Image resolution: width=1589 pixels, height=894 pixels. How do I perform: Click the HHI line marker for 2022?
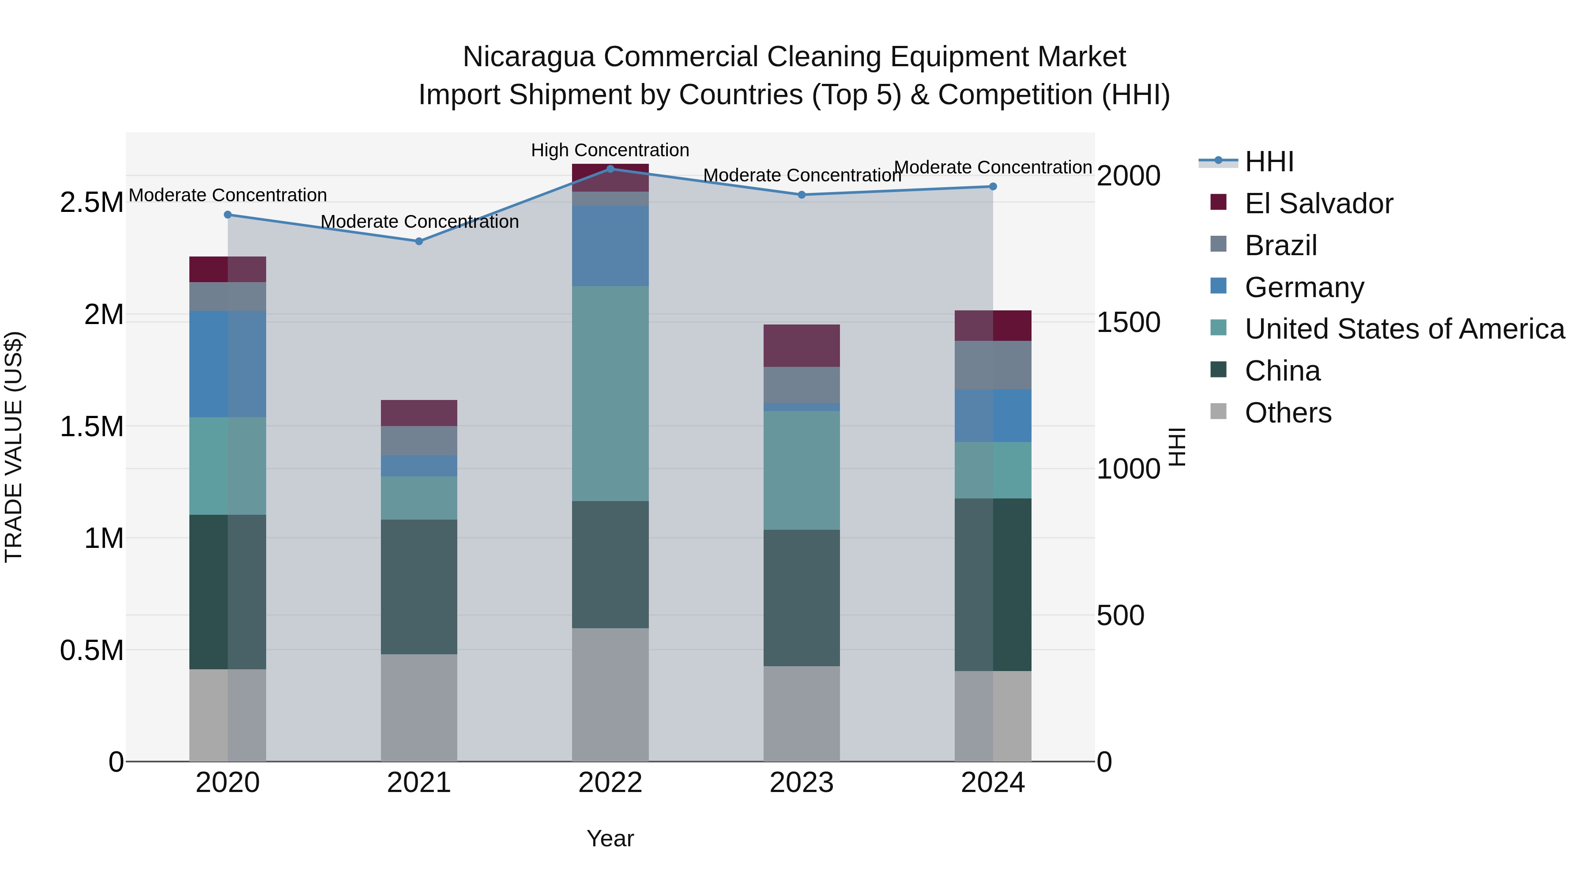pos(610,169)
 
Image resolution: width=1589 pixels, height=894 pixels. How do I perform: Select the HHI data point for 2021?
pos(419,241)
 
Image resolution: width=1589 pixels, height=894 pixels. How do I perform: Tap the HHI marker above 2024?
pos(993,186)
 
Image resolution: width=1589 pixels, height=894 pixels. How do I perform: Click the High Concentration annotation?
pos(610,150)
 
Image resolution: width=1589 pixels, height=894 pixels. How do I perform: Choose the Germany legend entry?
pos(1304,287)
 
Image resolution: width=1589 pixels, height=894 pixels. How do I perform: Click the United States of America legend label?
pos(1404,329)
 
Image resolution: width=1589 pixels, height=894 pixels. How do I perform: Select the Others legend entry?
pos(1288,413)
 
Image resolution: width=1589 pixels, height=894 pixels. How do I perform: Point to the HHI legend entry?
pos(1269,162)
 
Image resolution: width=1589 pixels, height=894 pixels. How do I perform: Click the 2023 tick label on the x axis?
pos(801,783)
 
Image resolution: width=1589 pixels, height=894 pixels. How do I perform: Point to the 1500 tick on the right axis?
pos(1128,322)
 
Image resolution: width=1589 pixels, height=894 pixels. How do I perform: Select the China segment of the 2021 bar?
pos(419,586)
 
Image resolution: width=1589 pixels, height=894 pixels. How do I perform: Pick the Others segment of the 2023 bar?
pos(801,713)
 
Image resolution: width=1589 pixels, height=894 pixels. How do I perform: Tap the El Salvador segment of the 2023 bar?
pos(801,346)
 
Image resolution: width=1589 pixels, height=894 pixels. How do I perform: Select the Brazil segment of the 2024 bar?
pos(993,365)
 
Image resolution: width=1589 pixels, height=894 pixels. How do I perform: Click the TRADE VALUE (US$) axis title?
pos(14,447)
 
